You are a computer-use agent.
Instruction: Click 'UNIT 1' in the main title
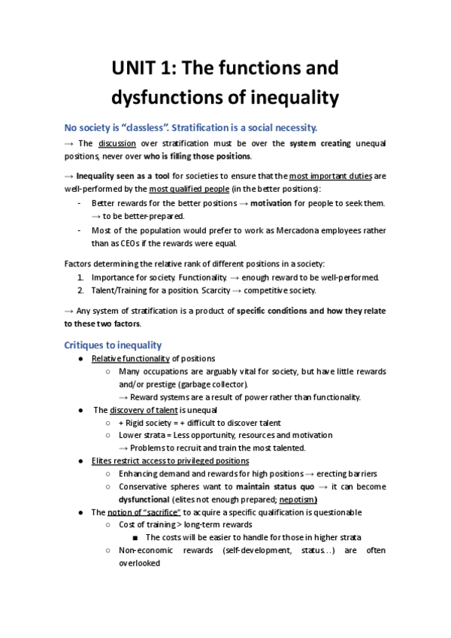tap(139, 68)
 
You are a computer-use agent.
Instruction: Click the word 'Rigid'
tap(140, 423)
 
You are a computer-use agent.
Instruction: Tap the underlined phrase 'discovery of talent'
tap(144, 410)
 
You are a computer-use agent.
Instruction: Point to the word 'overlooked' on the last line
tap(140, 562)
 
